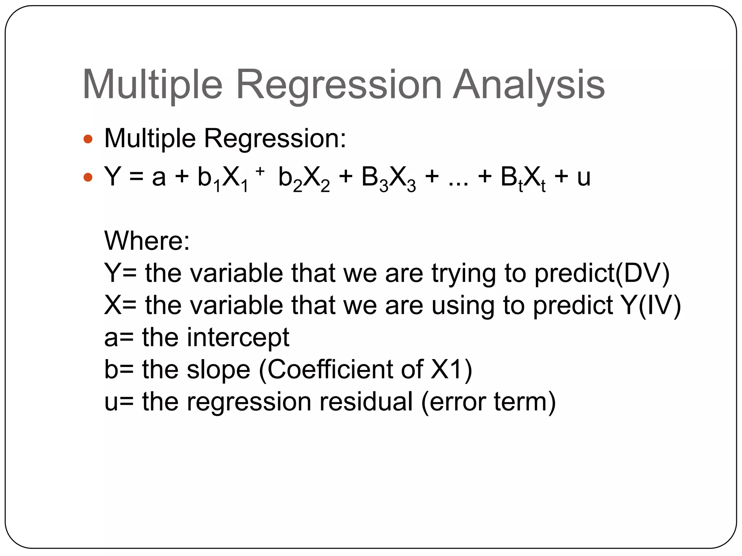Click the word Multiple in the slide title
pos(152,85)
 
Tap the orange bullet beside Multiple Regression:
pos(88,139)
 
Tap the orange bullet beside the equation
pos(88,177)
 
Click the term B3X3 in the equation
pos(388,178)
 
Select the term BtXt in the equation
pos(523,178)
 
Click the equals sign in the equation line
pos(136,177)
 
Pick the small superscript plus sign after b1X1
pos(260,171)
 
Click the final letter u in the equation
pos(584,177)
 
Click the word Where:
pos(147,241)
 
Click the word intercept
pos(238,337)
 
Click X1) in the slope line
pos(451,370)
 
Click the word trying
pos(464,274)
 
